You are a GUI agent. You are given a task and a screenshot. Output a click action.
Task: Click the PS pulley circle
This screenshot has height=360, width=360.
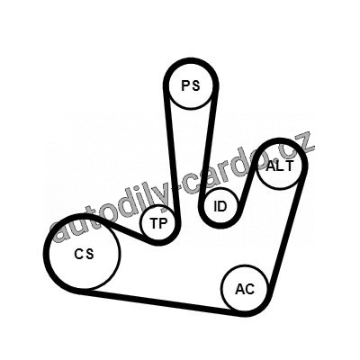click(191, 86)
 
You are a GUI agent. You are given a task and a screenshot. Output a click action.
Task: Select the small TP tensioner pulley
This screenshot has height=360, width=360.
click(157, 223)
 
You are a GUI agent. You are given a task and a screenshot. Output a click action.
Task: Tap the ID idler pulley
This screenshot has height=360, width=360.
click(220, 206)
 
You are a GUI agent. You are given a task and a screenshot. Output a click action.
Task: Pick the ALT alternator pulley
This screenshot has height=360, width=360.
click(279, 166)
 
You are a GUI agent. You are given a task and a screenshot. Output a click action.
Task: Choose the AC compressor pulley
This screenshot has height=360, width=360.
click(244, 288)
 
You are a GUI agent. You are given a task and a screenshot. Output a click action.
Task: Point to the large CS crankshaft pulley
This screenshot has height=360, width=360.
click(84, 253)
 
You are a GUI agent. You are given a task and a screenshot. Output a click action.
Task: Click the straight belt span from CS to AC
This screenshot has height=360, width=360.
click(161, 301)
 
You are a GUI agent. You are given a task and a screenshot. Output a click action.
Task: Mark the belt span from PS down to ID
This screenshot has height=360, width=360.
click(209, 144)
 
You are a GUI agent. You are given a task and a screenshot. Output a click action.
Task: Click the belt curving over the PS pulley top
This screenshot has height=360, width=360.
click(191, 61)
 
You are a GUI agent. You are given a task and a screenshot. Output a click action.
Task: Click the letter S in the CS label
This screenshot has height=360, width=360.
click(89, 254)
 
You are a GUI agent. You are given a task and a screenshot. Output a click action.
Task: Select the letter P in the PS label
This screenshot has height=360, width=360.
click(185, 85)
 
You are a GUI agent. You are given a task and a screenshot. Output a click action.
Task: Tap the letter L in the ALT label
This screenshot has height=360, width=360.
click(279, 166)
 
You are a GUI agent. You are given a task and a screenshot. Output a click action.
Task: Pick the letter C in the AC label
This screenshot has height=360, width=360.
click(250, 289)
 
